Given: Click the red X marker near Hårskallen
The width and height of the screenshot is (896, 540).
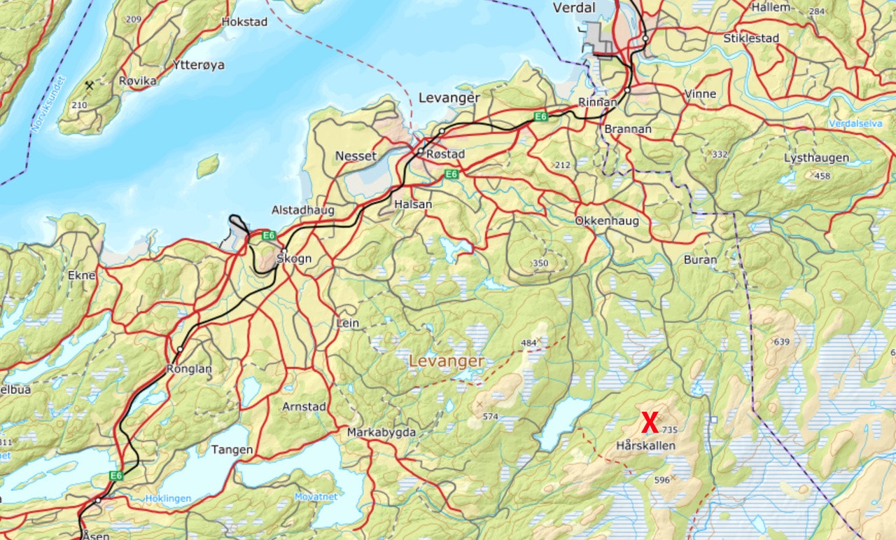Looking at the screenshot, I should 650,423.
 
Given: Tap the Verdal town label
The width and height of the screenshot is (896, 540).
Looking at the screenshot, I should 573,8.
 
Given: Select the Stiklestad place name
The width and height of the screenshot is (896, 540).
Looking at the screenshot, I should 751,39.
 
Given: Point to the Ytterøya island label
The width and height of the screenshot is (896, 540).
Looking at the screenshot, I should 199,65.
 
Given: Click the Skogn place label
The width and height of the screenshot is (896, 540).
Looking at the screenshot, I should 294,258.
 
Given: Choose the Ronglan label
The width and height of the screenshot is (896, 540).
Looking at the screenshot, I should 189,368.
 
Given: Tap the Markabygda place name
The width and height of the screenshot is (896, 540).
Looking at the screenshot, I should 381,433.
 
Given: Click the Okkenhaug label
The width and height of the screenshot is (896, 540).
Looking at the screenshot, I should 607,221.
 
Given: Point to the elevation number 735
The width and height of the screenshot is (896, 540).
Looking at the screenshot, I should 669,430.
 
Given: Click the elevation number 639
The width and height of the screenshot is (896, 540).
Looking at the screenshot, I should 781,342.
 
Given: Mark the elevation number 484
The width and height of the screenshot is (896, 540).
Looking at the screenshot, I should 529,342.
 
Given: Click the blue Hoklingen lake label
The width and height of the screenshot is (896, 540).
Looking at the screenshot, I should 168,499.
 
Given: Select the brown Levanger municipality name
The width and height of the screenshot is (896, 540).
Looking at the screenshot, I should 446,361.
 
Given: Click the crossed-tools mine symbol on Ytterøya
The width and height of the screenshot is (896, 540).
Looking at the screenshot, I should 90,86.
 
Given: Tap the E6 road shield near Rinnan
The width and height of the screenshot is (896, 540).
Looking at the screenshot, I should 540,116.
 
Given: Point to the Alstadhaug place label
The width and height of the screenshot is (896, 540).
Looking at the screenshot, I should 303,210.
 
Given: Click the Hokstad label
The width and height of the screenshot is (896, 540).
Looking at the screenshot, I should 244,22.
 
